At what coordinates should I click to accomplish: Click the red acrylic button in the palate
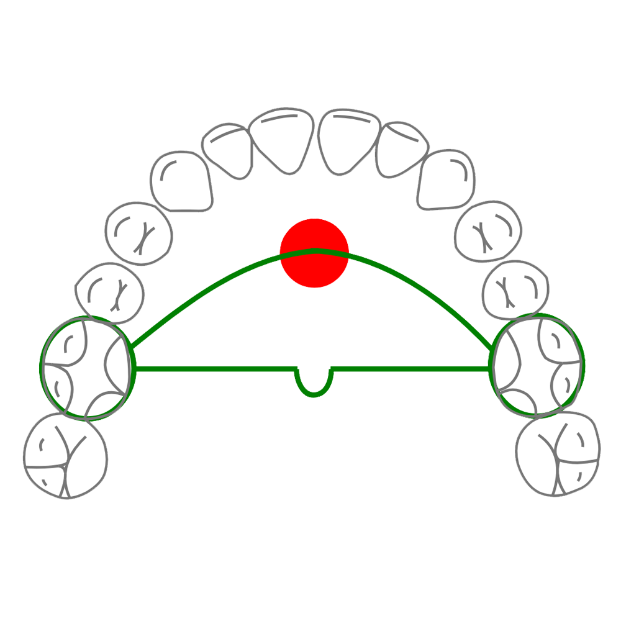(x=314, y=253)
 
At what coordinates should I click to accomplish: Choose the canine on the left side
(x=181, y=180)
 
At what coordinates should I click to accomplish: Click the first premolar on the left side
(x=139, y=231)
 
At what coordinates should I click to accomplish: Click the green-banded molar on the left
(x=87, y=368)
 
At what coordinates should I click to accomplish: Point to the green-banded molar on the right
(x=538, y=366)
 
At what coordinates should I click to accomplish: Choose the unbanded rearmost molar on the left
(x=65, y=456)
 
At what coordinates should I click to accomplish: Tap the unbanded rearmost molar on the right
(x=559, y=456)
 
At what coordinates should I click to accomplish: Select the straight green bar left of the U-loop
(x=211, y=369)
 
